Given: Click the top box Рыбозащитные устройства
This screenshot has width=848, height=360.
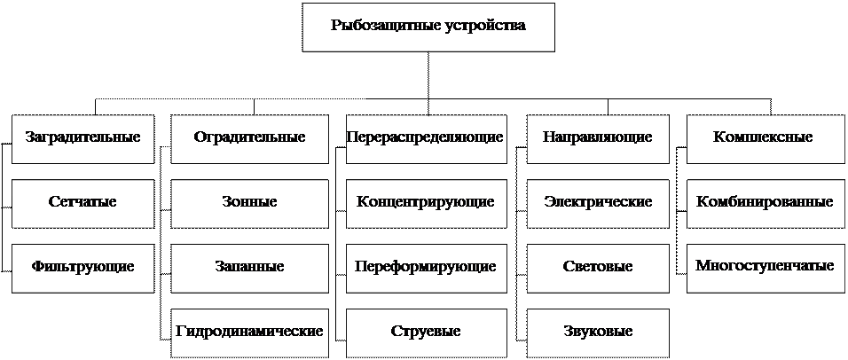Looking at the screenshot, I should pos(428,27).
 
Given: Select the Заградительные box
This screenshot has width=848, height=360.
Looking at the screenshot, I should pos(82,137).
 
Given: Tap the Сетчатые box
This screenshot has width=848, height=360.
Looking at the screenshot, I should pos(82,202).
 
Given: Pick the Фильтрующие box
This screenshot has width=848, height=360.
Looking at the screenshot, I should pos(82,267).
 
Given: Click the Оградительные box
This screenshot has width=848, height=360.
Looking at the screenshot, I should pos(249,137).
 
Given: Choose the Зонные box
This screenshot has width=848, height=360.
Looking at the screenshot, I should pos(249,202).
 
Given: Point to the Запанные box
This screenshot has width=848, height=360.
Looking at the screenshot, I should pos(249,267).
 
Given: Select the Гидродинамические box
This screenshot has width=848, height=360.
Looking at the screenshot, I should pos(249,332).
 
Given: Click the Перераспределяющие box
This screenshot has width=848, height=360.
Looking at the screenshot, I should pos(426,137).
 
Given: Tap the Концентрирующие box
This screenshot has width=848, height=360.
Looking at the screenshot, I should pos(426,202).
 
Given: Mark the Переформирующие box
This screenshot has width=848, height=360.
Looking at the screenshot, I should pos(426,267).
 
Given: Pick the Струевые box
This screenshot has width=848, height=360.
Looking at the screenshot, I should pos(426,332).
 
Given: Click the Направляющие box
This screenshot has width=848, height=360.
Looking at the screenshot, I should pos(598,137).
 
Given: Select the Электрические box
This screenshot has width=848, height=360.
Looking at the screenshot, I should pos(598,202).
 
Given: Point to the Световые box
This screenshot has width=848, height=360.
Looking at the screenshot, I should pos(598,267).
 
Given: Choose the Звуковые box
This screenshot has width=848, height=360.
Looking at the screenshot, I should pos(598,332).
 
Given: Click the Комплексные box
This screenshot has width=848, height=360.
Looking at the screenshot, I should pos(763,137).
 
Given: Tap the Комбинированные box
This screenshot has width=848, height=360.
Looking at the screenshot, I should pos(763,202).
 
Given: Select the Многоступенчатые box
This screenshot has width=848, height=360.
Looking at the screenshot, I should pos(763,266).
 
